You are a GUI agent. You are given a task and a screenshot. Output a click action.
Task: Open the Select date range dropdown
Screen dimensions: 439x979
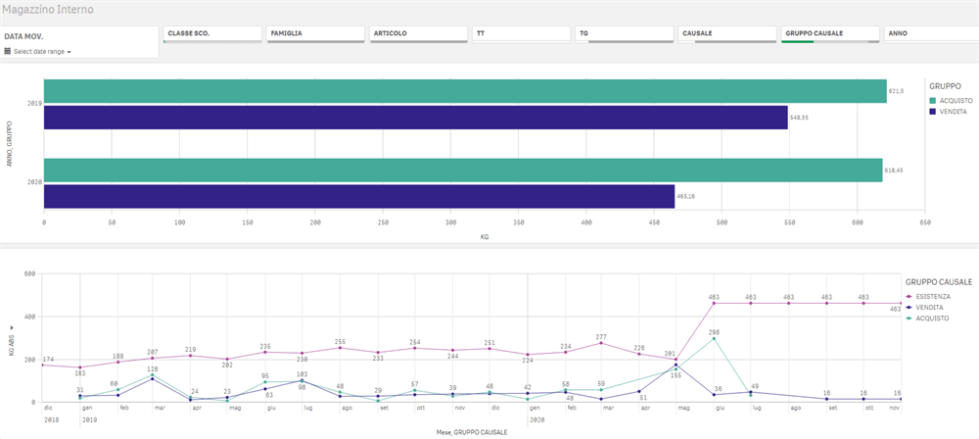41,51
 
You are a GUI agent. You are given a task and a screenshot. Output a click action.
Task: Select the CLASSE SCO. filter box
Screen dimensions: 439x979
210,33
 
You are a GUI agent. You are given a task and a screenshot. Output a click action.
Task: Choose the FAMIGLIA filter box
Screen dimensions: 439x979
313,33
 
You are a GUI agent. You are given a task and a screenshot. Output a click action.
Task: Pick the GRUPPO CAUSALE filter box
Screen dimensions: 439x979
827,33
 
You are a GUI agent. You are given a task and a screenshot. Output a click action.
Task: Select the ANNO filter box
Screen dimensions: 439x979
930,33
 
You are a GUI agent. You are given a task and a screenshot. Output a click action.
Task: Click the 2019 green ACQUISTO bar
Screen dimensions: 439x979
465,91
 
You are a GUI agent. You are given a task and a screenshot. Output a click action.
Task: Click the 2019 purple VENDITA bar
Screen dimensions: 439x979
416,118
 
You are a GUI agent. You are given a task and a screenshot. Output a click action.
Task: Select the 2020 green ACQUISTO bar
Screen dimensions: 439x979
463,170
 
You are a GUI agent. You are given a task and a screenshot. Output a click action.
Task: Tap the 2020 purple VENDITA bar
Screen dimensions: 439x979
359,196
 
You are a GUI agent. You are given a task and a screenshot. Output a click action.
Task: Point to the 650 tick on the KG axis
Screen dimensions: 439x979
924,222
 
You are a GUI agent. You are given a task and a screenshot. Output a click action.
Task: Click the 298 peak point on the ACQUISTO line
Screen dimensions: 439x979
715,338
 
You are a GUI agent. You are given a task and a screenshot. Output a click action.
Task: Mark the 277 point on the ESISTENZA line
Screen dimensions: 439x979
601,343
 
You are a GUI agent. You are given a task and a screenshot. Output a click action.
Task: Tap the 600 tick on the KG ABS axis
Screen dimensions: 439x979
29,273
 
